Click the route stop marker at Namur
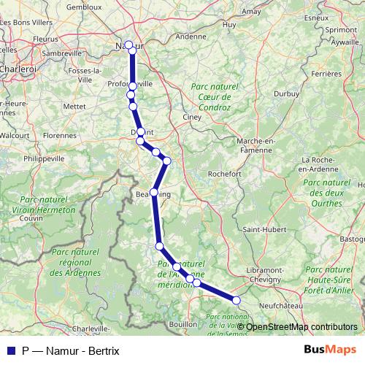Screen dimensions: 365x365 click(x=129, y=45)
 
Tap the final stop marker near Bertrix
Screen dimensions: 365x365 click(x=236, y=300)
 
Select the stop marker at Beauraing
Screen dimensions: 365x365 click(x=153, y=193)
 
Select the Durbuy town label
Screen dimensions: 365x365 click(x=287, y=93)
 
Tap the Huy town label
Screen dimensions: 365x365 click(x=229, y=24)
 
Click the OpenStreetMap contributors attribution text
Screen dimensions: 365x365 click(x=301, y=326)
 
